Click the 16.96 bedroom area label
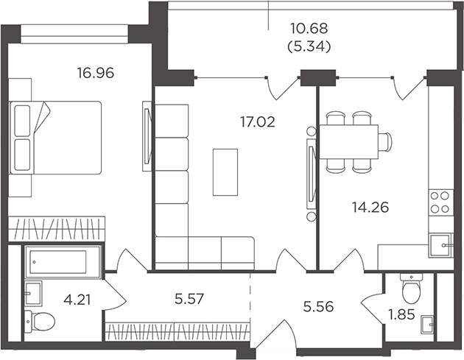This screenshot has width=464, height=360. (96, 73)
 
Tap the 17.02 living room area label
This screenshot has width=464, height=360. (258, 122)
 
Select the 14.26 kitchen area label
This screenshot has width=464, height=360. (370, 208)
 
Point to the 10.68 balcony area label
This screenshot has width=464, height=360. (309, 29)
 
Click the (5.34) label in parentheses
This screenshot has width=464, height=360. (309, 46)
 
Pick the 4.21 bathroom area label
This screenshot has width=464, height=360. (77, 300)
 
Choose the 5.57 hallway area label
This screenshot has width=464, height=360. (189, 299)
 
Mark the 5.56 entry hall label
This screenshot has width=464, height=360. (318, 307)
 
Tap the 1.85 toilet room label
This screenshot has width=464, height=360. (401, 314)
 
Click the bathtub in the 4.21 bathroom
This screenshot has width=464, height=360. (63, 262)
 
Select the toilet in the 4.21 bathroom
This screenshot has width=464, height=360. (40, 321)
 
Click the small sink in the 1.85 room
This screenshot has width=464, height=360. (427, 324)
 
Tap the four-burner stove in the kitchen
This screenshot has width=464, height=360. (440, 202)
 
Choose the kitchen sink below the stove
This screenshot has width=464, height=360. (440, 245)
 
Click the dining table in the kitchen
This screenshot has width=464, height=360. (349, 141)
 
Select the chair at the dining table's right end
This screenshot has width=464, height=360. (385, 141)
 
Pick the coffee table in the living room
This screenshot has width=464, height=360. (225, 172)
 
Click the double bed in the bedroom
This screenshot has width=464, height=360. (55, 138)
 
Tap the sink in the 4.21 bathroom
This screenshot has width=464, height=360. (33, 294)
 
